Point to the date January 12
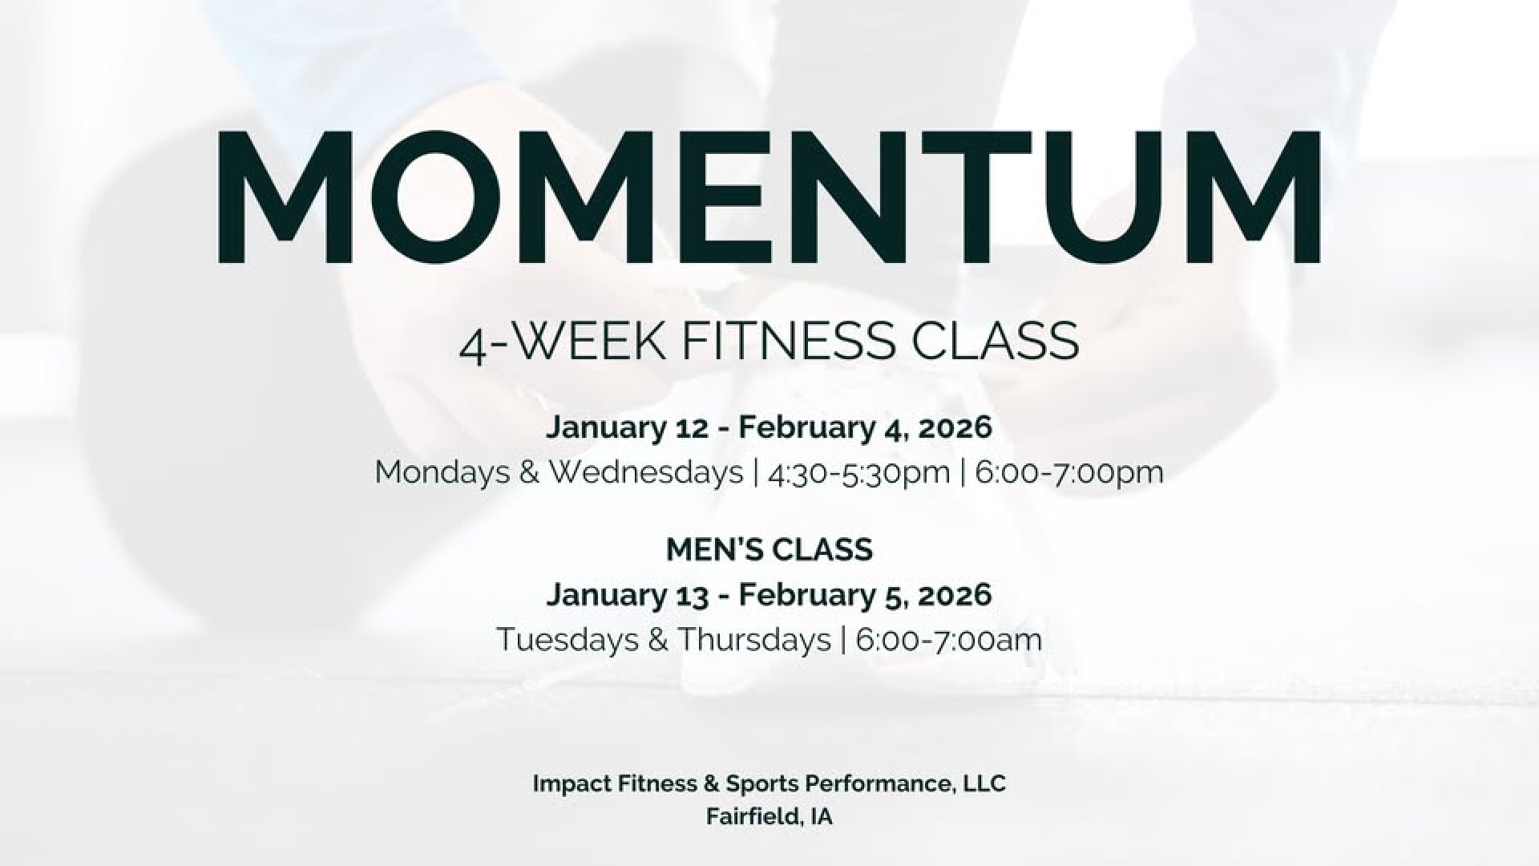point(628,427)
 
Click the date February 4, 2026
point(865,427)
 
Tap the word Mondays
point(442,472)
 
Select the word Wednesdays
point(646,472)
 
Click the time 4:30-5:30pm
point(858,473)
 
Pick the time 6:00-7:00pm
point(1069,473)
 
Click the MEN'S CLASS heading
point(769,550)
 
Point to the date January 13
point(628,595)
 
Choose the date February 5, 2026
point(865,595)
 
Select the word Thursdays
point(754,640)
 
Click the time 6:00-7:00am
point(949,640)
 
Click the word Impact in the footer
point(572,784)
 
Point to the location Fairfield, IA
point(769,817)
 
